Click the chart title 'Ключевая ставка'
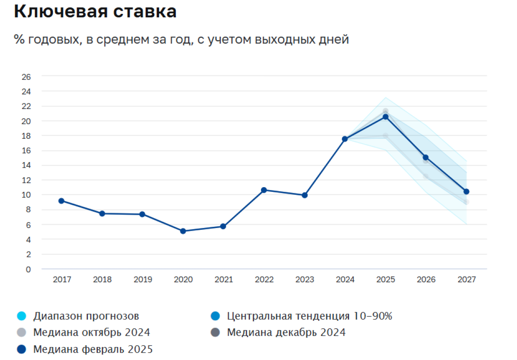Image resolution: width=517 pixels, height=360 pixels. click(x=95, y=12)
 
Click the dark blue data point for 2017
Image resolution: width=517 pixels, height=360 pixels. click(x=62, y=201)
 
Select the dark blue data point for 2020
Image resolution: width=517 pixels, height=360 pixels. click(x=183, y=231)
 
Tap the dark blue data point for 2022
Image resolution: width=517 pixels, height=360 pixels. click(x=264, y=190)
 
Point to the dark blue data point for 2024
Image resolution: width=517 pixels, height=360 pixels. click(x=345, y=139)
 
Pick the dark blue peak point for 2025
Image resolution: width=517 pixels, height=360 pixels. click(x=386, y=116)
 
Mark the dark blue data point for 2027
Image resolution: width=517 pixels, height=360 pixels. click(x=466, y=191)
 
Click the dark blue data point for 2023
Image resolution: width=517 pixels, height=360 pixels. click(x=305, y=195)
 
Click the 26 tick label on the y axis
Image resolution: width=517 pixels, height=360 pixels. click(x=26, y=77)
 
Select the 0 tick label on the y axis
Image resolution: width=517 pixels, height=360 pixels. click(x=28, y=269)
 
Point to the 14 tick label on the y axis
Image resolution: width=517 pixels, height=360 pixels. click(x=26, y=166)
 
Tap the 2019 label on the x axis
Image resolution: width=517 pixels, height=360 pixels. click(x=143, y=280)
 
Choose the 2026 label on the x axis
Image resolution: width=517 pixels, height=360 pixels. click(x=426, y=280)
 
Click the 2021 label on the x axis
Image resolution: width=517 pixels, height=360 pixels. click(x=224, y=280)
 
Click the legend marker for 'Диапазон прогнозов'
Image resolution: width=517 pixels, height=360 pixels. click(x=20, y=316)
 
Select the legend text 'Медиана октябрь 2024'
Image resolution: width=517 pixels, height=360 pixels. click(x=91, y=332)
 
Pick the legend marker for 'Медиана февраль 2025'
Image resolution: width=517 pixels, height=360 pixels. click(x=20, y=349)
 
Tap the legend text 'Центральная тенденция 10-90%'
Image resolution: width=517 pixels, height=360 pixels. click(x=309, y=316)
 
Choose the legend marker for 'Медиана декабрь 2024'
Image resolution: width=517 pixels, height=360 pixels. click(x=214, y=332)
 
